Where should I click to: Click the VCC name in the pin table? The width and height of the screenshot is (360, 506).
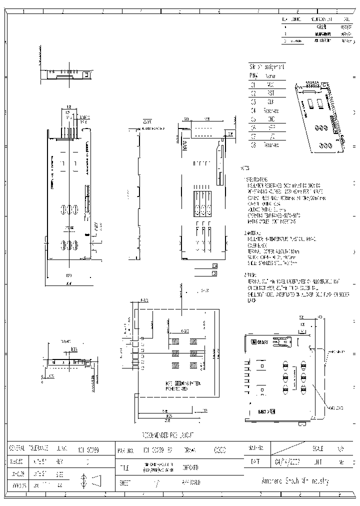pyautogui.click(x=270, y=84)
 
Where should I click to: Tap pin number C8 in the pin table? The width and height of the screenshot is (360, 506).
pyautogui.click(x=253, y=145)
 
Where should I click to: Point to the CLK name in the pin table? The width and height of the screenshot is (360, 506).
pyautogui.click(x=269, y=101)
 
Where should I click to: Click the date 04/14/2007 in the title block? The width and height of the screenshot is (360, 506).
pyautogui.click(x=289, y=462)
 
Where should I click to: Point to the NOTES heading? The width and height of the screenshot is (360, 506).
pyautogui.click(x=245, y=168)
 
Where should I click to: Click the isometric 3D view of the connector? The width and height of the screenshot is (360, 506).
pyautogui.click(x=320, y=115)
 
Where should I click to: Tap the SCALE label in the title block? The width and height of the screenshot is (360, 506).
pyautogui.click(x=317, y=448)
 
